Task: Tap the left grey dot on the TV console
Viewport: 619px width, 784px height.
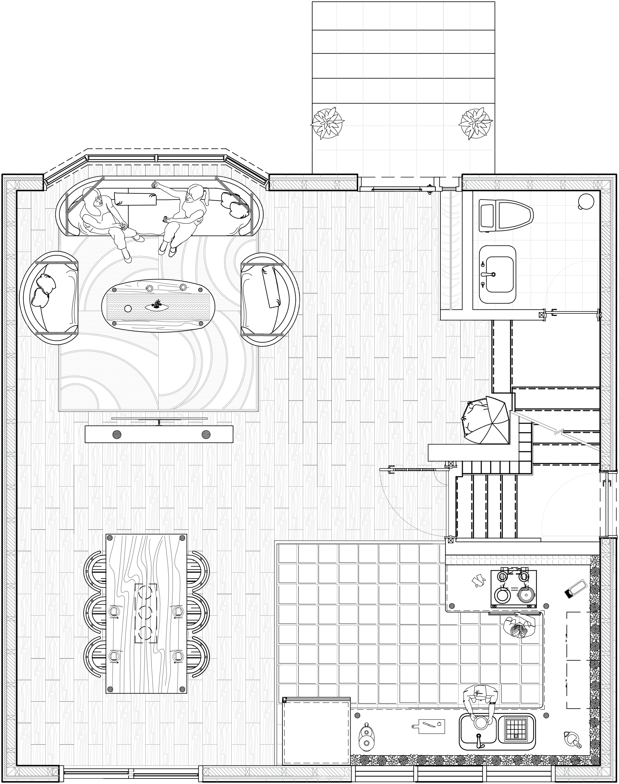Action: point(117,435)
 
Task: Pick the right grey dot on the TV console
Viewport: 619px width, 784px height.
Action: point(206,435)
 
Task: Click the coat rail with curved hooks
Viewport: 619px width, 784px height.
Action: point(451,250)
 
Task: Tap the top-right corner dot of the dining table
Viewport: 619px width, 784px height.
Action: point(182,538)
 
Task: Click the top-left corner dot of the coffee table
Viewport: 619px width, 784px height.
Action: point(114,290)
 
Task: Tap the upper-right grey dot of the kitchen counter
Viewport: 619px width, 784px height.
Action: point(546,606)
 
